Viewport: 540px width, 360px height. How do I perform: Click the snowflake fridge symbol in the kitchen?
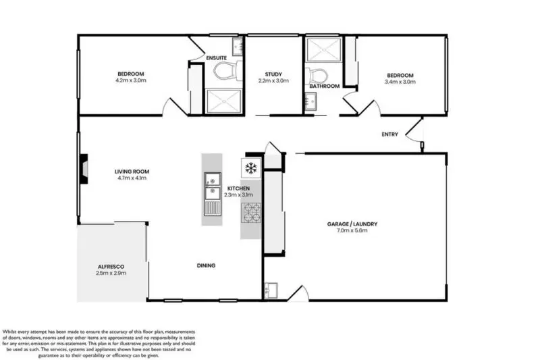250,167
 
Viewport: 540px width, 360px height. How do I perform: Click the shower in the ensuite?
222,101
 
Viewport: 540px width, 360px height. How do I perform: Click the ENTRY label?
389,134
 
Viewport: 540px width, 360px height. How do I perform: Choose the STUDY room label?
273,74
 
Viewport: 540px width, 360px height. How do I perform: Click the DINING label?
206,265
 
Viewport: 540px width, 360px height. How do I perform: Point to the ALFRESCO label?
111,267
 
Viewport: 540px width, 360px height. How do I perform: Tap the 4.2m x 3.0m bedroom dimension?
131,80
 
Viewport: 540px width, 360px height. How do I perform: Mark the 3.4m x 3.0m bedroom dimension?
400,81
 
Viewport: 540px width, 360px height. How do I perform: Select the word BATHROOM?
324,86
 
